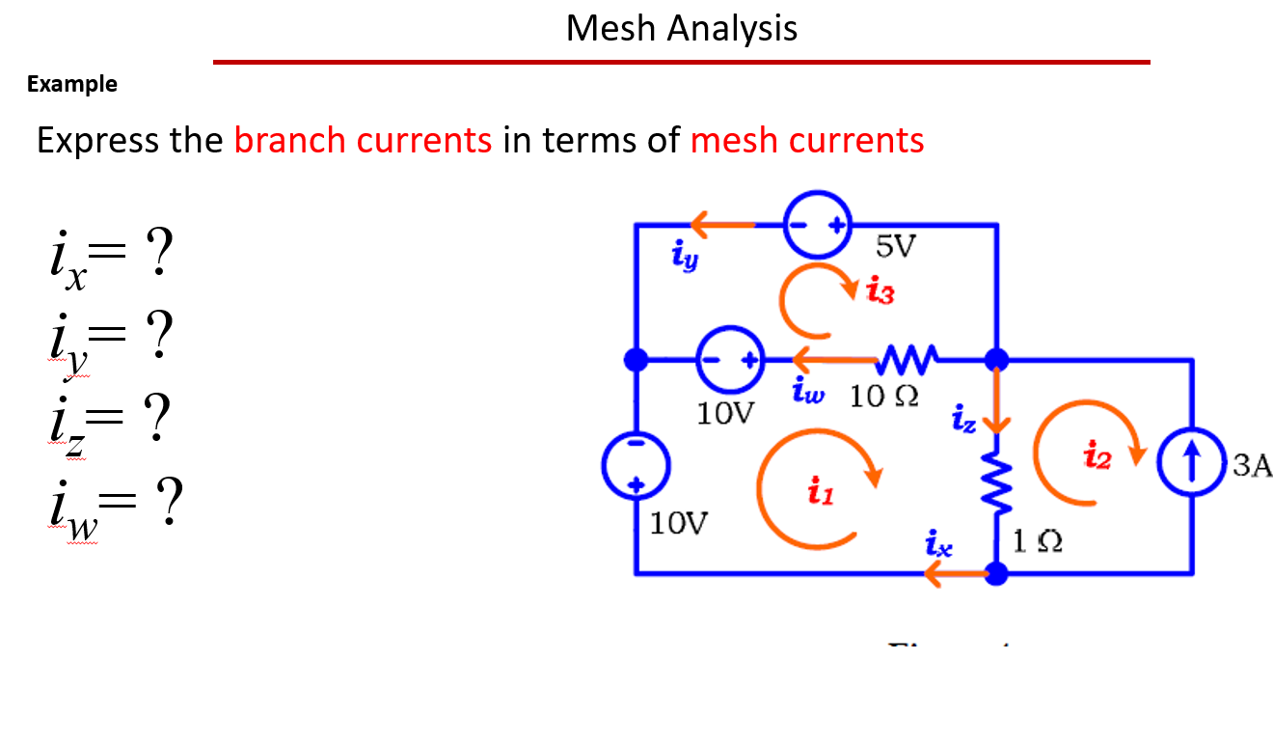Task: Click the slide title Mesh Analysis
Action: pyautogui.click(x=681, y=28)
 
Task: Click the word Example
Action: pyautogui.click(x=72, y=84)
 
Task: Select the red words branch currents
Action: pyautogui.click(x=363, y=141)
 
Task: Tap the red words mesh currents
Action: pyautogui.click(x=807, y=141)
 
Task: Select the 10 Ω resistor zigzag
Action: pyautogui.click(x=904, y=360)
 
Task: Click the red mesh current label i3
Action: pyautogui.click(x=880, y=291)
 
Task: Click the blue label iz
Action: pyautogui.click(x=964, y=420)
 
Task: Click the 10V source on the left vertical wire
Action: pyautogui.click(x=636, y=467)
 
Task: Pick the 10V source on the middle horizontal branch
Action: pyautogui.click(x=729, y=361)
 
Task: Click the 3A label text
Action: pyautogui.click(x=1252, y=467)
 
